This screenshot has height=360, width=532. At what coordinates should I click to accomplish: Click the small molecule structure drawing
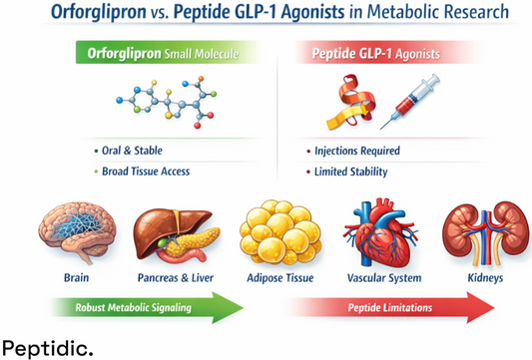pyautogui.click(x=161, y=103)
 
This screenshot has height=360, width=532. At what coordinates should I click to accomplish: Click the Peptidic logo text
pyautogui.click(x=49, y=347)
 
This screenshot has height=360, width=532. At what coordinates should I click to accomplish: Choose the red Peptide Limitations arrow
pyautogui.click(x=389, y=306)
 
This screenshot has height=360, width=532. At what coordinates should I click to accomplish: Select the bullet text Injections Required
pyautogui.click(x=360, y=151)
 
